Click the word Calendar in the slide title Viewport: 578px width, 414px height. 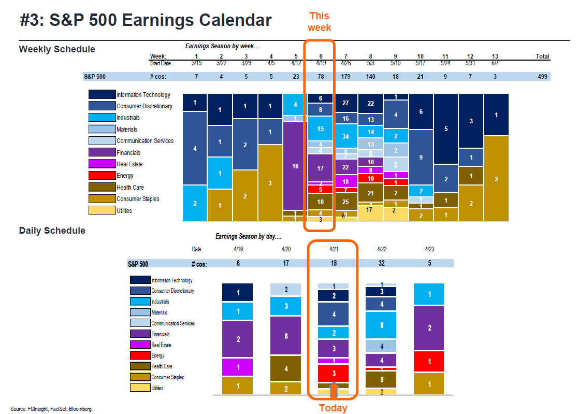point(232,20)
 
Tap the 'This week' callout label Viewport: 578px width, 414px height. point(319,21)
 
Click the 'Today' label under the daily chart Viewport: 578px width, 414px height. point(333,408)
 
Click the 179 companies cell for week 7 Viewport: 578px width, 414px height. point(345,77)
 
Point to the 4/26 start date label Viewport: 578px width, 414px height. point(345,63)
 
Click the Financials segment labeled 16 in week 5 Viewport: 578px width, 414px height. point(295,166)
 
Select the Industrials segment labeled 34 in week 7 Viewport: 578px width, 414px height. point(345,137)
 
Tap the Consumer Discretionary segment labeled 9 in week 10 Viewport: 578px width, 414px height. point(421,158)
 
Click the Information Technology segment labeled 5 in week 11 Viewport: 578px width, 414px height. point(445,129)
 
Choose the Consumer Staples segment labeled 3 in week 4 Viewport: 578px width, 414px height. point(270,183)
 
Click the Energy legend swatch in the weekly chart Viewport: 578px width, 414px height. point(101,176)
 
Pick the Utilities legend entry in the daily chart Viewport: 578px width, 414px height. point(140,388)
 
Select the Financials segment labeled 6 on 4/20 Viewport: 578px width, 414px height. point(285,336)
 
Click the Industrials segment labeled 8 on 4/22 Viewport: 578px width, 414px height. point(381,325)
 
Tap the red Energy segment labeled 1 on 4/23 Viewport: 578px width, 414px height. point(429,362)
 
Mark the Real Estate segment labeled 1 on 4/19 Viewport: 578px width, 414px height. point(237,367)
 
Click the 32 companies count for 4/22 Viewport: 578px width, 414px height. point(382,264)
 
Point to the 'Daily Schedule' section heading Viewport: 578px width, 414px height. point(52,231)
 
